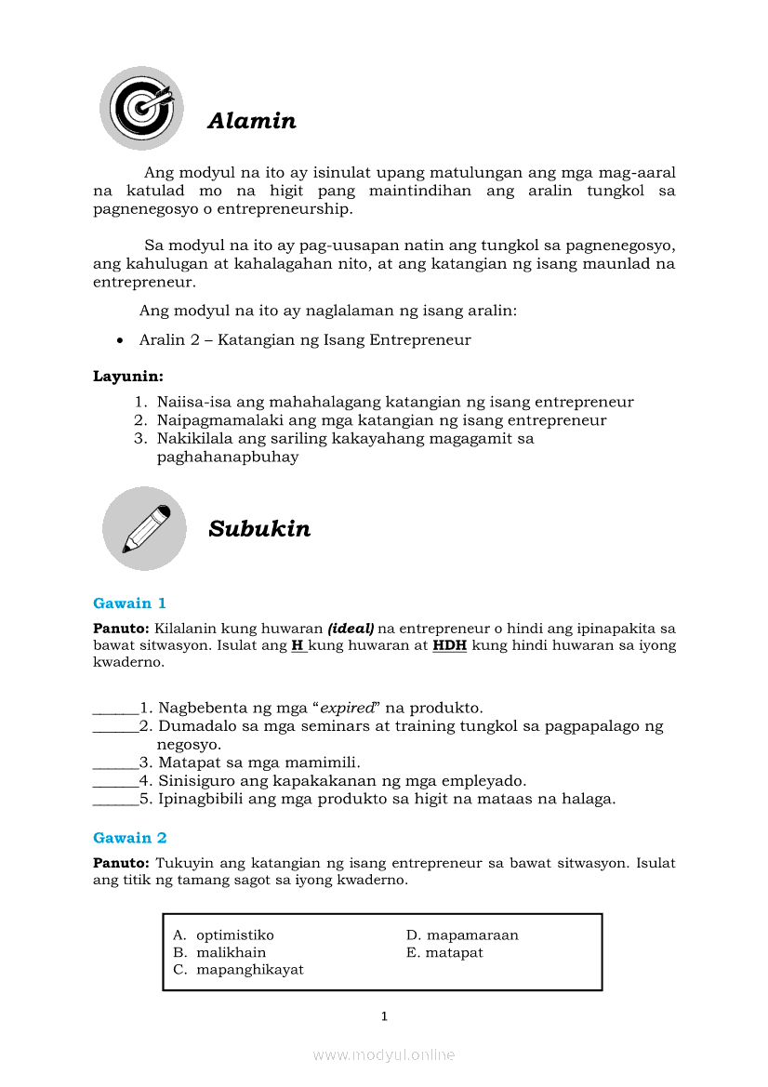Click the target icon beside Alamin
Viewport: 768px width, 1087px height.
[141, 108]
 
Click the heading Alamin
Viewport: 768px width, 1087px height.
[252, 121]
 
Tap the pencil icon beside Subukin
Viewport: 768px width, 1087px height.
[144, 528]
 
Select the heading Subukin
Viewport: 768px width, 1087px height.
[259, 529]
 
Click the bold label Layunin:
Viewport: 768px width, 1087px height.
[128, 377]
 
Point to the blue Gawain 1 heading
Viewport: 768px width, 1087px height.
[130, 603]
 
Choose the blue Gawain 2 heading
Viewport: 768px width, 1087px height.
[130, 838]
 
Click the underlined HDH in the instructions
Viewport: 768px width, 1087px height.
[450, 645]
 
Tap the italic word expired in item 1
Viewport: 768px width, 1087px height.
[347, 709]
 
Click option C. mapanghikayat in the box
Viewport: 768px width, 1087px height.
[239, 969]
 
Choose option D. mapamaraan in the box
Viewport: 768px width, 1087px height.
[462, 935]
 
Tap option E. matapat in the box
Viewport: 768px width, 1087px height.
[444, 952]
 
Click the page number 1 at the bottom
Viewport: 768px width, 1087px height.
[384, 1016]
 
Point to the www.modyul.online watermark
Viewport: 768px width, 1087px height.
[384, 1054]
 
